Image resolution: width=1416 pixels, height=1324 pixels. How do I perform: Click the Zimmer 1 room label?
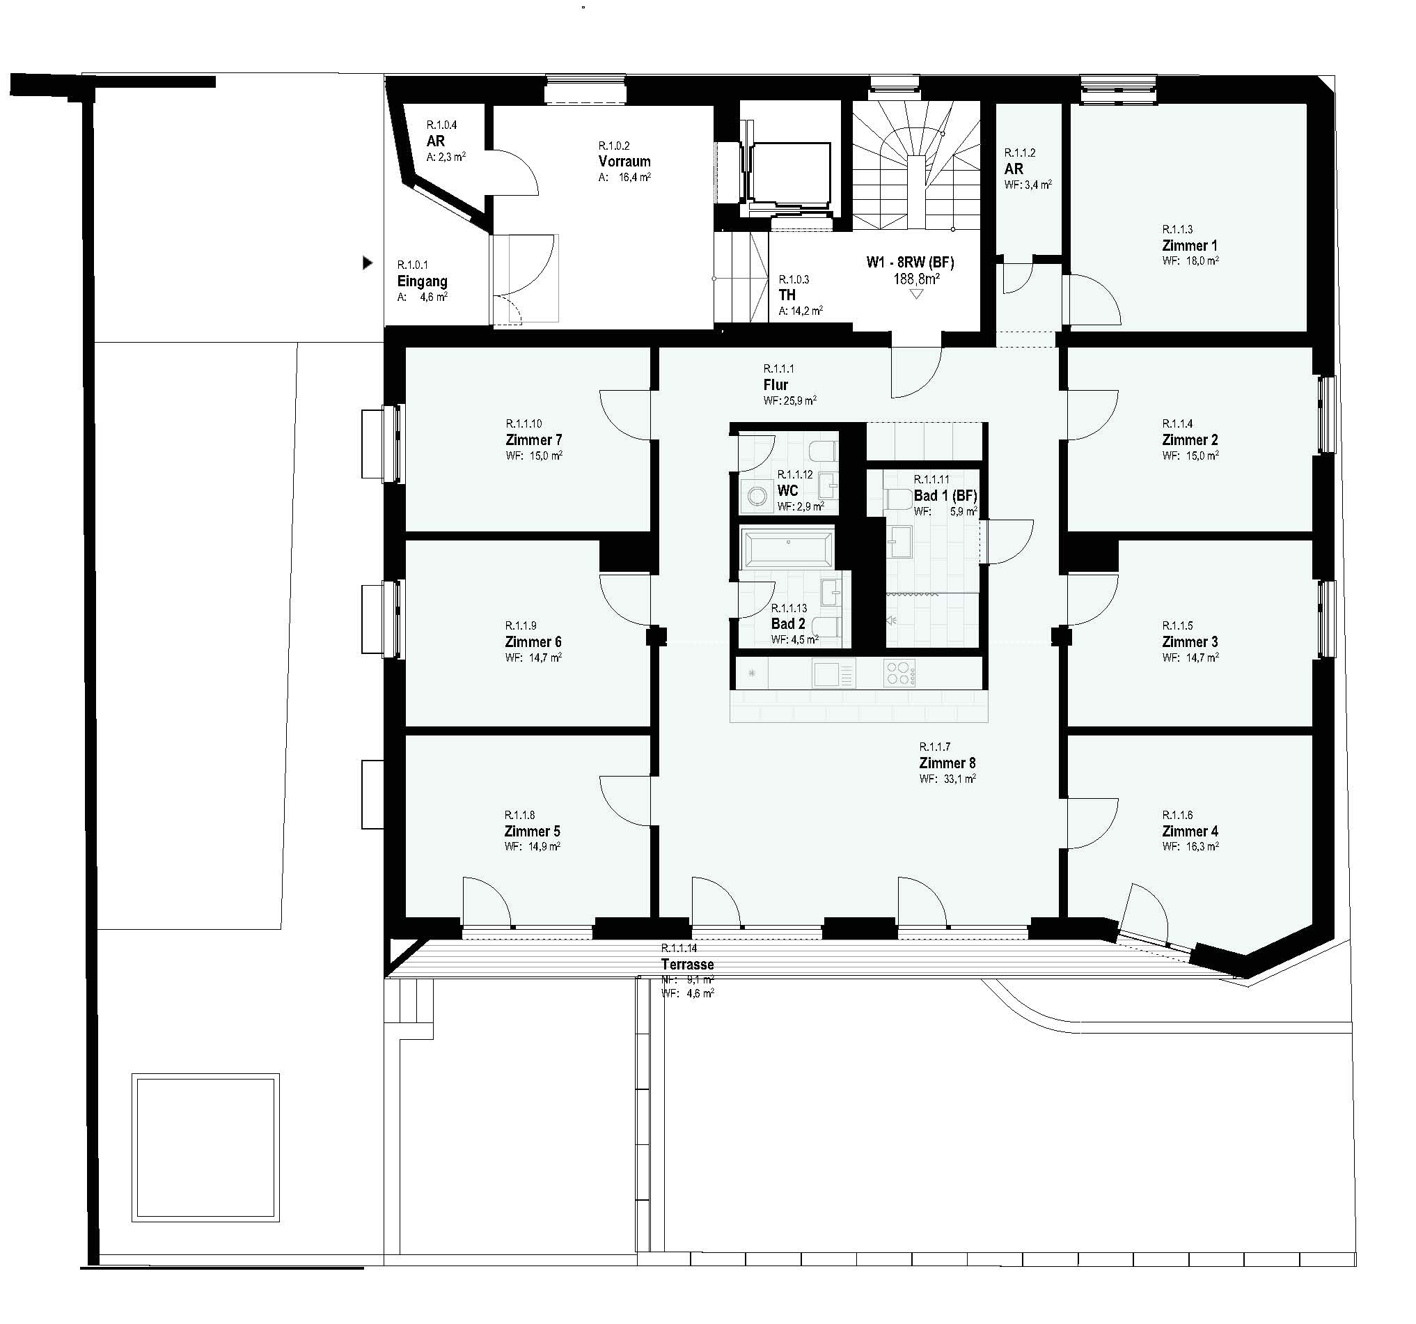click(1189, 246)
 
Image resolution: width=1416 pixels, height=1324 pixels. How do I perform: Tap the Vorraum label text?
click(624, 162)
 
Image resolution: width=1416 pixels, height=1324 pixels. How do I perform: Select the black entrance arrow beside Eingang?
click(368, 263)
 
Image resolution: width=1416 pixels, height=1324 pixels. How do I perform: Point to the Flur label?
click(776, 384)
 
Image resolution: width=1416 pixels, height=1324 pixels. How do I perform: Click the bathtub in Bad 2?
click(788, 548)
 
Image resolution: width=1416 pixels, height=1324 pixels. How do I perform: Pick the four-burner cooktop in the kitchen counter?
click(899, 673)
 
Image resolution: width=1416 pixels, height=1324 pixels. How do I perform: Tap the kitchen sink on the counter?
click(833, 673)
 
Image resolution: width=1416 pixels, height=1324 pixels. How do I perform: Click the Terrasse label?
click(687, 964)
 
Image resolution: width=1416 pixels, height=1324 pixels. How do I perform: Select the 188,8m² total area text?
click(916, 279)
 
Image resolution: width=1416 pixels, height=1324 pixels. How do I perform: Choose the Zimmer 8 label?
click(947, 763)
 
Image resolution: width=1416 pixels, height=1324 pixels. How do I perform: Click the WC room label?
click(787, 491)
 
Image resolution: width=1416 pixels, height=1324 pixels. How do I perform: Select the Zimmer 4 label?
click(1190, 832)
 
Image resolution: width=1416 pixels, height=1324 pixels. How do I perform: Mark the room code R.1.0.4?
click(441, 125)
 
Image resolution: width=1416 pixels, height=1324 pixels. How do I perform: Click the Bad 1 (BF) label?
click(945, 495)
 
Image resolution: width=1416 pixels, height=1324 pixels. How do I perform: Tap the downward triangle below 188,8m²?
click(917, 294)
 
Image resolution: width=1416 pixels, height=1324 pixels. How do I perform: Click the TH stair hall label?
click(787, 295)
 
